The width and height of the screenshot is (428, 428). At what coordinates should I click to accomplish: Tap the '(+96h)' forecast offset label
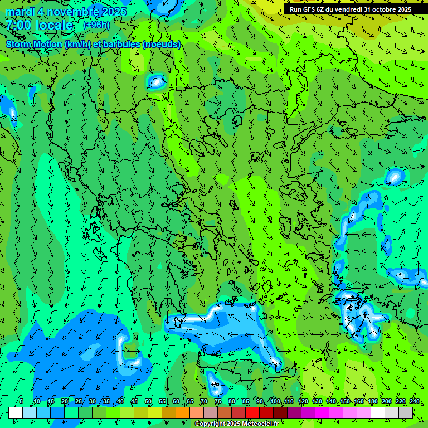[96, 25]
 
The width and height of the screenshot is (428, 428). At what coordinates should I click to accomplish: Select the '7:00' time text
[18, 25]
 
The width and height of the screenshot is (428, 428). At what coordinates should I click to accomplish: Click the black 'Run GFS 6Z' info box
[351, 9]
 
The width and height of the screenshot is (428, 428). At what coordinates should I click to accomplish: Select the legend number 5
[21, 402]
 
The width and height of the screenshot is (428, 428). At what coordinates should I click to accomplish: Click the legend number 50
[148, 402]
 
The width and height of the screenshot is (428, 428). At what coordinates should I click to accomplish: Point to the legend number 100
[275, 402]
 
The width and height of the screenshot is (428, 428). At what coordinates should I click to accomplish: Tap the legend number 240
[414, 402]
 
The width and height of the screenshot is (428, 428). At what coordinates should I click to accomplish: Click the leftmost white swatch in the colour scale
[16, 412]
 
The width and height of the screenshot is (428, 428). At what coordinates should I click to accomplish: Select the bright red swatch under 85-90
[252, 412]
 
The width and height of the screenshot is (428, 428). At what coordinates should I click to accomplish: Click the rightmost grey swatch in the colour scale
[406, 412]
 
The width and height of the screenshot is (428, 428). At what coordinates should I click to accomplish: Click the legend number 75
[217, 402]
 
